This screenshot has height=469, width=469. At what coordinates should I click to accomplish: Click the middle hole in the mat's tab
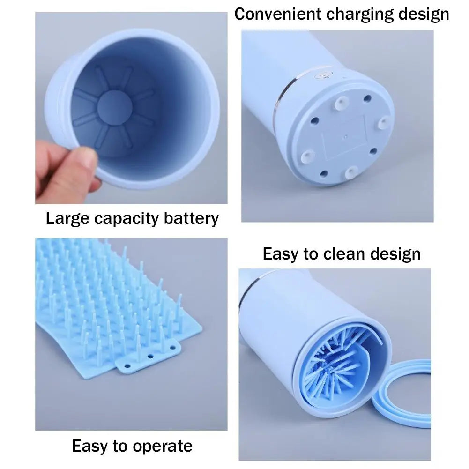pyautogui.click(x=150, y=357)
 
